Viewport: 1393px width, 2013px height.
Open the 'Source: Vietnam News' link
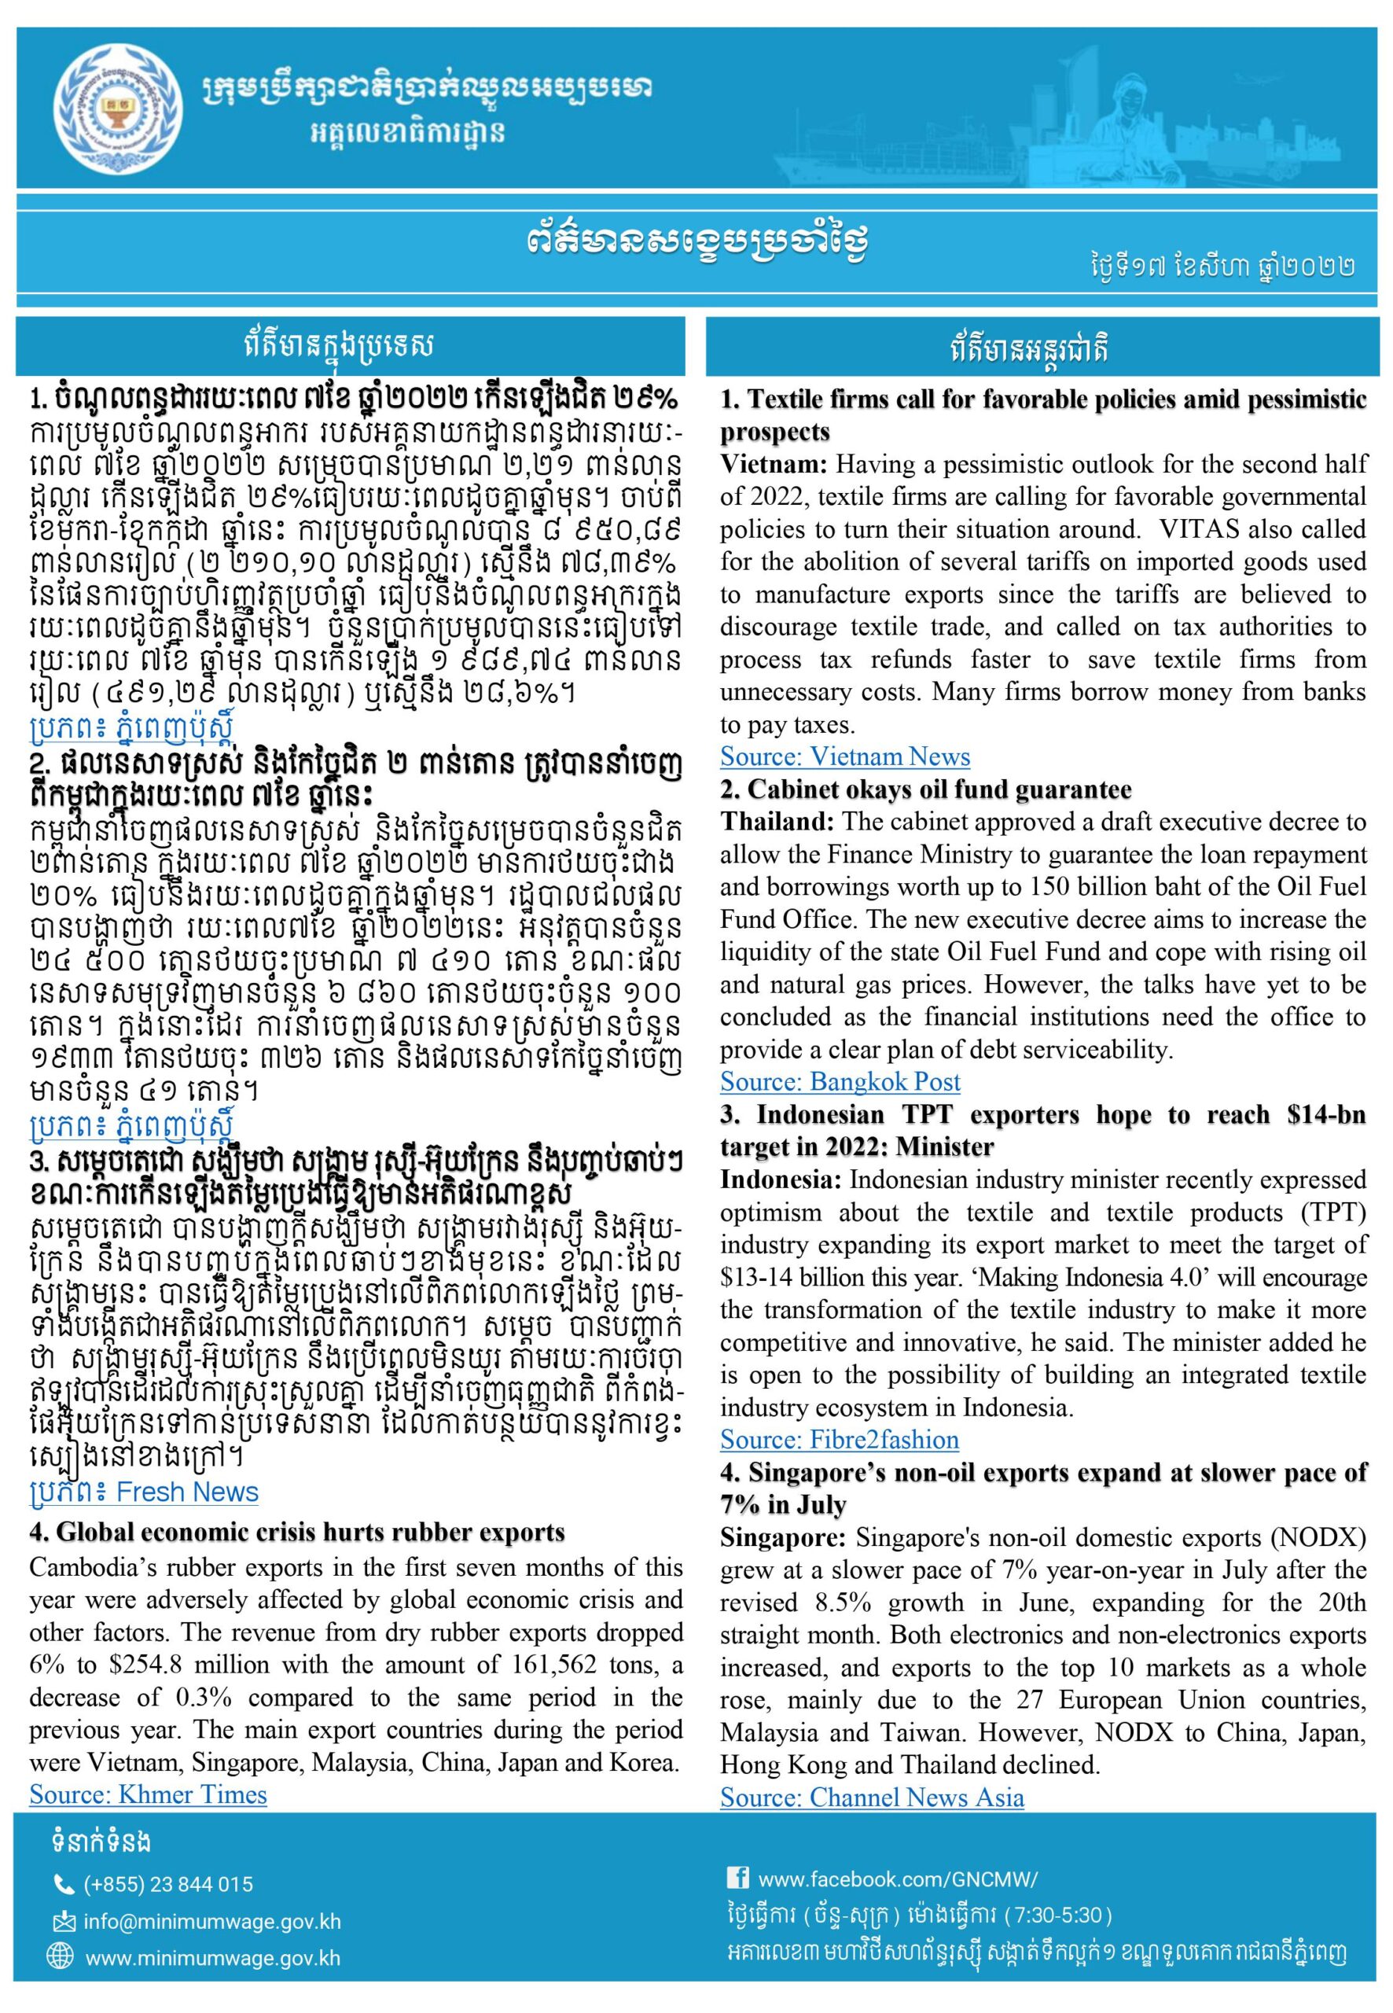[x=844, y=756]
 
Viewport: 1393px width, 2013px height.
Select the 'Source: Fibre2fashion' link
[x=839, y=1440]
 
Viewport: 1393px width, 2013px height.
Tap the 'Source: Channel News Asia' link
[x=871, y=1798]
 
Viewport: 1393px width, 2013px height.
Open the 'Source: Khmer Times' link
[x=148, y=1794]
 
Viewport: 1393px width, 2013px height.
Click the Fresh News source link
[x=144, y=1492]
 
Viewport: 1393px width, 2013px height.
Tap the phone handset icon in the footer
[x=64, y=1884]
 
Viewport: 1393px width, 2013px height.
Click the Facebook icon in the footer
[x=737, y=1878]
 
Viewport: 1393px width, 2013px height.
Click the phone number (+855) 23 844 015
[x=168, y=1884]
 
